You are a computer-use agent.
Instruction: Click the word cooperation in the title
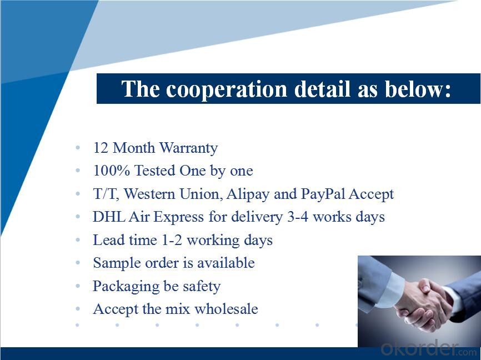227,89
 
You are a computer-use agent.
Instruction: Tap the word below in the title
418,89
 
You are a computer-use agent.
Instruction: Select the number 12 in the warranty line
101,148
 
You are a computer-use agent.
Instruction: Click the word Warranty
189,148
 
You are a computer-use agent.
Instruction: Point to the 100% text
111,171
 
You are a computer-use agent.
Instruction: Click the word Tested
155,171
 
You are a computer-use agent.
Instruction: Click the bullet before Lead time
78,240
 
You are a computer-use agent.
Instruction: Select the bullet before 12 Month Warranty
78,148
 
